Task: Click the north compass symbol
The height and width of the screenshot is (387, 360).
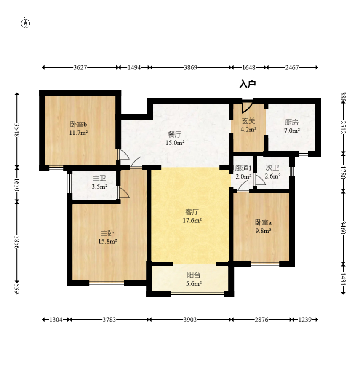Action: (25, 24)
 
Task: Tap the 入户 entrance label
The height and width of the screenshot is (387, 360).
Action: (248, 84)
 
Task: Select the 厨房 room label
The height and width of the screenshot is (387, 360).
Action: (292, 122)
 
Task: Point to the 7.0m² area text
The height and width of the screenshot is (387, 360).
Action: (292, 131)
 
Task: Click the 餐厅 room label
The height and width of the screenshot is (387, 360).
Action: (175, 134)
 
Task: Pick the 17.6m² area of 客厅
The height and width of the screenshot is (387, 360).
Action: (192, 220)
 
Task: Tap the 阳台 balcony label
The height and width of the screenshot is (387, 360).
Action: (194, 275)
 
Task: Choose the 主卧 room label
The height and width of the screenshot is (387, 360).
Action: (107, 233)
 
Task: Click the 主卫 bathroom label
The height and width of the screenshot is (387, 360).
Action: (99, 178)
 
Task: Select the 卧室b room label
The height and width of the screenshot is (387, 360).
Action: (78, 124)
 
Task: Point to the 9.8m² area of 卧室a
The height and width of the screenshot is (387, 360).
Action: (263, 231)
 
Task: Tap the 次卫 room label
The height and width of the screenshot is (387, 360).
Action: (272, 168)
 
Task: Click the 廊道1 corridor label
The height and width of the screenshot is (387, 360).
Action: (243, 168)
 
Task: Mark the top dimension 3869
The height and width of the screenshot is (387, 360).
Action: (190, 67)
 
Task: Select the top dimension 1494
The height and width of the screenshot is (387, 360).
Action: (134, 67)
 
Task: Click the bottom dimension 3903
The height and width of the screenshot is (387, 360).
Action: (190, 320)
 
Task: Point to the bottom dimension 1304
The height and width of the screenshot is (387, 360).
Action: (56, 320)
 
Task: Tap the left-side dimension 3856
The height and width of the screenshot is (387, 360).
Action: (17, 242)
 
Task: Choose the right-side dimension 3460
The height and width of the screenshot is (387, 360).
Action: (343, 227)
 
